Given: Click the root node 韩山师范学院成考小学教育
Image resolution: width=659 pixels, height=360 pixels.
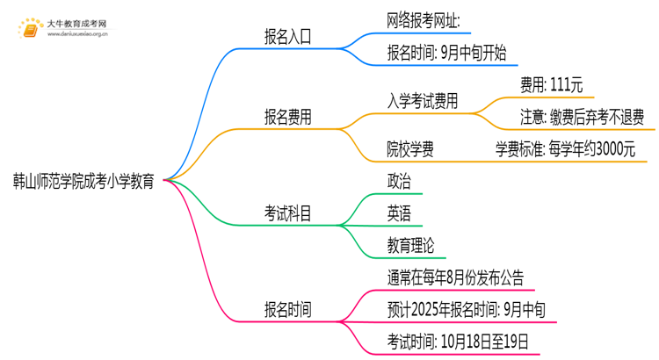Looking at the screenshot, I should tap(83, 181).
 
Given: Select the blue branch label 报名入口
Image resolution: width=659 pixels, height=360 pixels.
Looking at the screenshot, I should tap(288, 37).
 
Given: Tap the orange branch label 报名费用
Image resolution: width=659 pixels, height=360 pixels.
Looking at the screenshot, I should tap(288, 117).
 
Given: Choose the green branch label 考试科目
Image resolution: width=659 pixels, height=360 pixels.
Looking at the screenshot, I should tap(288, 213).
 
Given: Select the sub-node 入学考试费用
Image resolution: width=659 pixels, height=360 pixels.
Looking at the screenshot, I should tap(423, 100).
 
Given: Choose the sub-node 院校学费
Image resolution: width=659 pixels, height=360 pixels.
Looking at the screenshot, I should tap(410, 148).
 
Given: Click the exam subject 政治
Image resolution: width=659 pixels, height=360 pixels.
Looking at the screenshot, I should tap(398, 181).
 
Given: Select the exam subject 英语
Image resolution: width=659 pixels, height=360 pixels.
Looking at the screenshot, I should tap(398, 213).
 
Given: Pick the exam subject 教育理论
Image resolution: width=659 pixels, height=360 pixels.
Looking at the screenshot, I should tap(410, 245).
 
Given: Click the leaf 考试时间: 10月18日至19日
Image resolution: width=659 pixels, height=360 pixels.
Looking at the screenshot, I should tap(458, 342).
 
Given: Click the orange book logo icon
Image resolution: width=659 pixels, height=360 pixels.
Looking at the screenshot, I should tap(30, 28).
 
